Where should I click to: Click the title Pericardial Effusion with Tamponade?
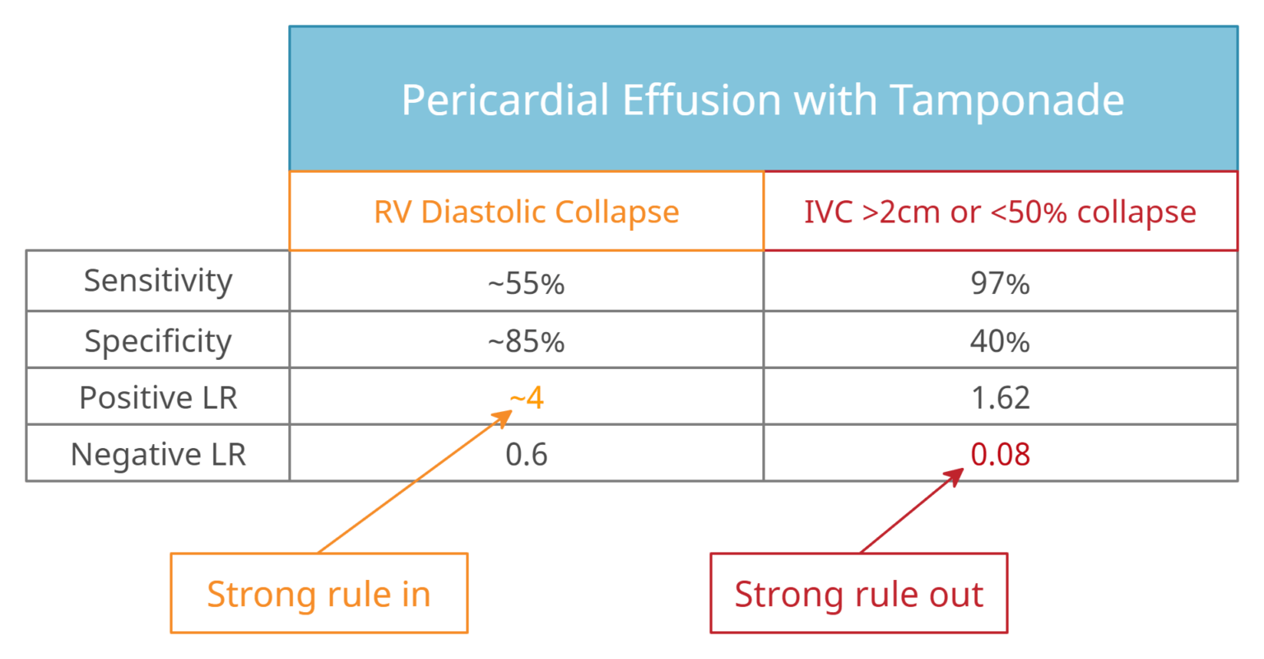tap(762, 100)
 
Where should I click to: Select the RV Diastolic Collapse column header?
tap(526, 212)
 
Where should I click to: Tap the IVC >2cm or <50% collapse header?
tap(1000, 212)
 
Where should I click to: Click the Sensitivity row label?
tap(158, 281)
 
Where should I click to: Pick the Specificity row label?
tap(158, 340)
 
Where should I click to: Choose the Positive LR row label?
tap(158, 398)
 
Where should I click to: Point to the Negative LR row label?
tap(158, 455)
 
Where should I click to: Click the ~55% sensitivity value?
tap(526, 283)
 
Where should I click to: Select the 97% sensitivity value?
tap(1000, 283)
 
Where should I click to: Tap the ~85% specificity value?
tap(526, 341)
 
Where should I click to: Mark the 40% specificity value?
tap(1000, 341)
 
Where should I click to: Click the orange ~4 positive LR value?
tap(527, 398)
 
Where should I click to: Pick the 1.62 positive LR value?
tap(1000, 398)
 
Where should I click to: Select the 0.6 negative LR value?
tap(526, 455)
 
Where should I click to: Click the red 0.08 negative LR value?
tap(1000, 455)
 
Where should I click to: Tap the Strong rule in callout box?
tap(318, 594)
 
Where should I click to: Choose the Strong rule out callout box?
tap(858, 594)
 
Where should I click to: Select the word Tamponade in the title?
tap(1006, 100)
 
